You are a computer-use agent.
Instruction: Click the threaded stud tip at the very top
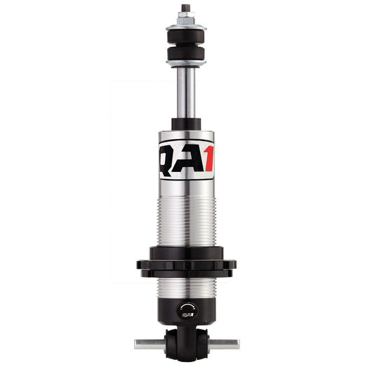pos(187,8)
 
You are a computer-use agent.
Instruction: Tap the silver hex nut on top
pos(187,19)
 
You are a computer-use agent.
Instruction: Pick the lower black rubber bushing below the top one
pos(187,55)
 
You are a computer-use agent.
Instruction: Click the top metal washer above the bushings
pos(187,27)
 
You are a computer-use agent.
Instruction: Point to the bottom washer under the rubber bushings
pos(187,64)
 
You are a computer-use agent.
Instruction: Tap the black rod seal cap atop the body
pos(187,124)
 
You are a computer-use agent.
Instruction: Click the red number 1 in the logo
pos(208,160)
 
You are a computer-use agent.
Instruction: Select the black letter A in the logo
pos(187,160)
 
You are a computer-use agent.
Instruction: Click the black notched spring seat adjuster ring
pos(187,265)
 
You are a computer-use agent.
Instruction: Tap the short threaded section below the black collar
pos(187,287)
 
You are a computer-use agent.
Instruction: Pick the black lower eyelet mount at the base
pos(187,342)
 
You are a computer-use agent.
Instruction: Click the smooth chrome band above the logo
pos(187,135)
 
